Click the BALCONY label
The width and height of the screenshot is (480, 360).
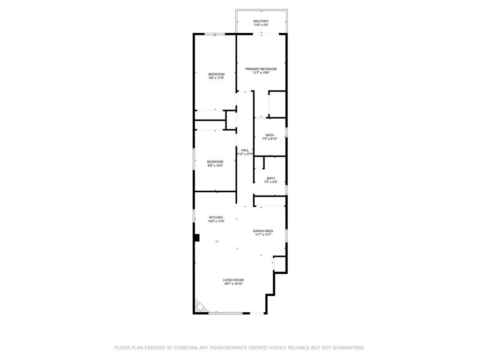[x=261, y=21]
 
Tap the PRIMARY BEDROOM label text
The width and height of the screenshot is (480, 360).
[x=261, y=69]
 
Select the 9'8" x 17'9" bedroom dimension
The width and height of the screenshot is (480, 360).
[x=217, y=78]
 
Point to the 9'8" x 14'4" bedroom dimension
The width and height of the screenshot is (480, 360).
[x=215, y=165]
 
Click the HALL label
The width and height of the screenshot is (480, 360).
[x=245, y=150]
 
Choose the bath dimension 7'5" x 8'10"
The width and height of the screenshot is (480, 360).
[x=270, y=139]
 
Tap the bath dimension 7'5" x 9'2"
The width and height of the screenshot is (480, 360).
[x=270, y=182]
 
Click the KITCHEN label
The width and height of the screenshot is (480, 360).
[x=216, y=217]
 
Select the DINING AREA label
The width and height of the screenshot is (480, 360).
[x=263, y=231]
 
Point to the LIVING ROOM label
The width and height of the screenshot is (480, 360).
[x=233, y=280]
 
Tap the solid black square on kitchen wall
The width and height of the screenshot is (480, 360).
[x=197, y=238]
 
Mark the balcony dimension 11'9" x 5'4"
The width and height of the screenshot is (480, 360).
[x=261, y=25]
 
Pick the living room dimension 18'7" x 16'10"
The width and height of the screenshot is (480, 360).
[x=233, y=284]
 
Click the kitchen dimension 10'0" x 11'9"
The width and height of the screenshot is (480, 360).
[x=216, y=221]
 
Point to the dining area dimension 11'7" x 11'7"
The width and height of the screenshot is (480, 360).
[x=263, y=235]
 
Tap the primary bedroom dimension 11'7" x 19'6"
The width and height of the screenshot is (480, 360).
[x=261, y=73]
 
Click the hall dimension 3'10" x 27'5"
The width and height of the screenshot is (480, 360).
[x=245, y=154]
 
